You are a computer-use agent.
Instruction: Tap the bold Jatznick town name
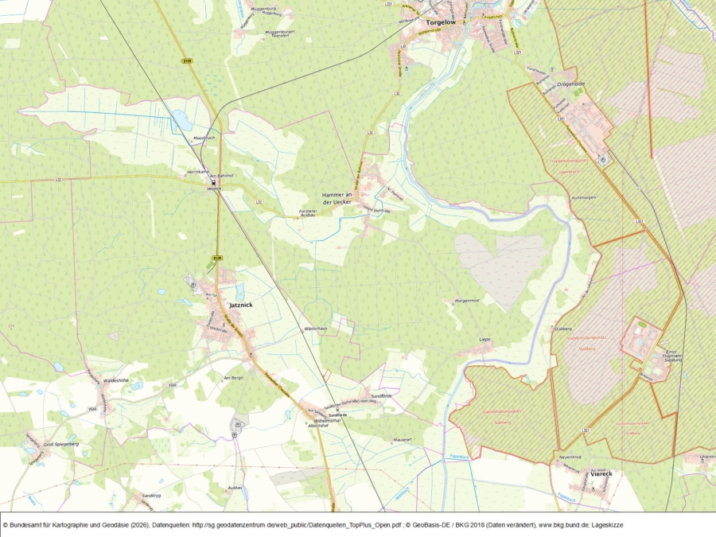(239, 305)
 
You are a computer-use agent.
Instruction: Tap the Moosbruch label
(205, 138)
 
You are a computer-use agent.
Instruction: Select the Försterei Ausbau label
(307, 212)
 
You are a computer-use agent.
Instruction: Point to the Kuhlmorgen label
(583, 197)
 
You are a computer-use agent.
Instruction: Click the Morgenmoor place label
(466, 300)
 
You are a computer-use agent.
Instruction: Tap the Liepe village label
(484, 340)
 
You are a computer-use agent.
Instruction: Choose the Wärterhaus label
(316, 329)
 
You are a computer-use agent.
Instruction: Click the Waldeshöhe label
(116, 380)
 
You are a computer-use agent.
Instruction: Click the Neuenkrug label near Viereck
(572, 457)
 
